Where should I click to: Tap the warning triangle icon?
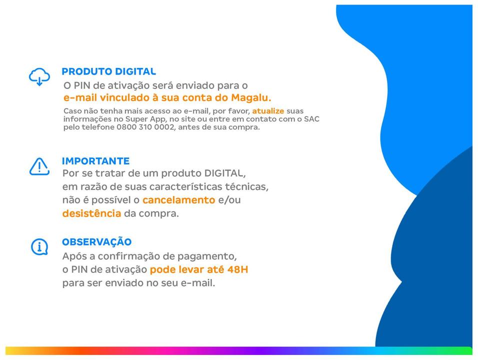tap(39, 166)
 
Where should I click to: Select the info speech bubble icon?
tap(39, 246)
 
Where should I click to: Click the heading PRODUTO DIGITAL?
tap(109, 71)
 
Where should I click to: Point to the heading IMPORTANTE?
tap(95, 161)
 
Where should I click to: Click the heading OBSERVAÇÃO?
tap(97, 241)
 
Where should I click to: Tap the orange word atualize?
tap(268, 111)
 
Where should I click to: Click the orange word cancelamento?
tap(178, 200)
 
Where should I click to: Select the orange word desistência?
tap(92, 213)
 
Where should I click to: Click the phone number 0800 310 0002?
tap(145, 127)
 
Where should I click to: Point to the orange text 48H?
tap(238, 269)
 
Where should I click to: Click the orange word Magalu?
tap(251, 97)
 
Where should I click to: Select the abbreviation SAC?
tap(311, 119)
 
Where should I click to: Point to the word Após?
tap(74, 256)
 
